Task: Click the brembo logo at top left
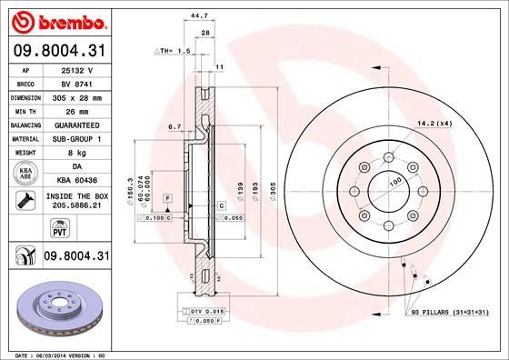56,20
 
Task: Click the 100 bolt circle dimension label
396,184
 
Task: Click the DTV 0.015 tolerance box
208,312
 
